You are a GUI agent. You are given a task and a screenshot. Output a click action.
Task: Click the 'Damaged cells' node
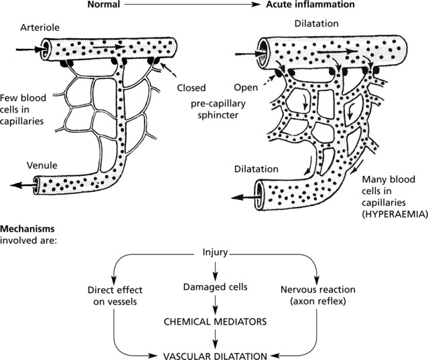click(x=215, y=287)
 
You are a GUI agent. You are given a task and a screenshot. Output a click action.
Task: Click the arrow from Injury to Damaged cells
click(x=215, y=270)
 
